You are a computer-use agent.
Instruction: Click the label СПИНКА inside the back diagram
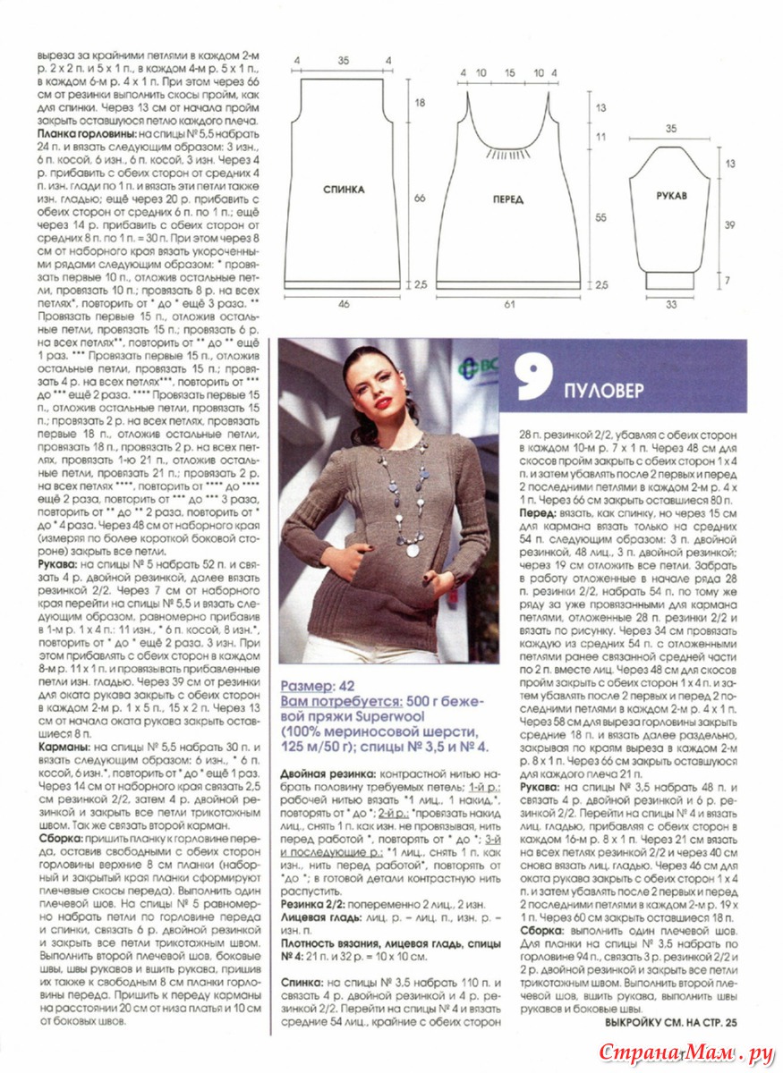(x=344, y=190)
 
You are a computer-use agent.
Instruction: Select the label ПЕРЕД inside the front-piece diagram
(x=508, y=199)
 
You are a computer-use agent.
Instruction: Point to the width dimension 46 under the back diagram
(x=344, y=304)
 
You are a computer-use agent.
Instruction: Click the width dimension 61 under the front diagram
(x=508, y=304)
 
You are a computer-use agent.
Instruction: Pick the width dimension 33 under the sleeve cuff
(x=671, y=304)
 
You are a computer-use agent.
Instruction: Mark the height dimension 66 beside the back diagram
(x=419, y=198)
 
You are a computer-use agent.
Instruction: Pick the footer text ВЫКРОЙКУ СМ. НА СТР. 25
(x=671, y=1021)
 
